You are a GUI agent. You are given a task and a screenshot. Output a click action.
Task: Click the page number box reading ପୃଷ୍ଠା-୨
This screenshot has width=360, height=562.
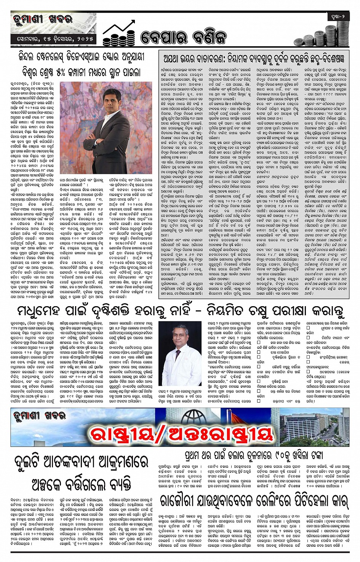(x=338, y=17)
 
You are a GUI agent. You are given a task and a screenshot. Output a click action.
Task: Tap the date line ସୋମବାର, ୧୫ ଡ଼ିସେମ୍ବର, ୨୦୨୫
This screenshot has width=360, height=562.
(x=53, y=39)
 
